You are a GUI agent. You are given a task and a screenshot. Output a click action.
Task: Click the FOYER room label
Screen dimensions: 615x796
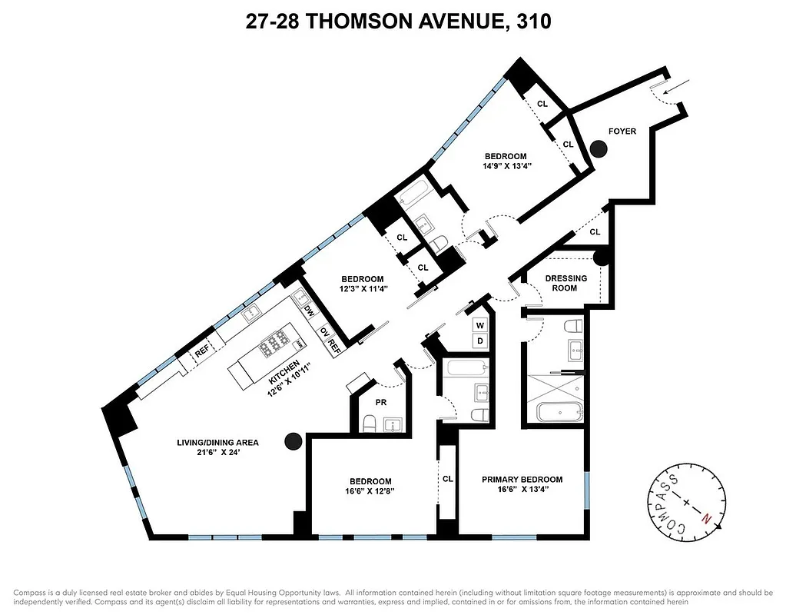[x=622, y=131]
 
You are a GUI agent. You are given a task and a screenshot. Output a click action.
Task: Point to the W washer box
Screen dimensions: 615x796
[x=479, y=324]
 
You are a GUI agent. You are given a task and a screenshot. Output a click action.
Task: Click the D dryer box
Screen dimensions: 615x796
[x=479, y=341]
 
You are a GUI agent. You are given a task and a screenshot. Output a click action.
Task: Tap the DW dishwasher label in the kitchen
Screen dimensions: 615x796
[x=309, y=311]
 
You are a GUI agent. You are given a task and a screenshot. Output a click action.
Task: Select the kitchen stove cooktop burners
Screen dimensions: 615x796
[x=275, y=347]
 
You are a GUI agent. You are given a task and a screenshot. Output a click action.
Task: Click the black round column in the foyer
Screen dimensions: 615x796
[x=598, y=148]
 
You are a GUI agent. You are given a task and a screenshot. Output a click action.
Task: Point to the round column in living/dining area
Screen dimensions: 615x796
[x=293, y=440]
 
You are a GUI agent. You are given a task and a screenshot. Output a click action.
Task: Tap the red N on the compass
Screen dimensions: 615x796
[x=706, y=518]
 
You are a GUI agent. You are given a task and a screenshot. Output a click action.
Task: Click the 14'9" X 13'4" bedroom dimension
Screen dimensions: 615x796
[x=505, y=166]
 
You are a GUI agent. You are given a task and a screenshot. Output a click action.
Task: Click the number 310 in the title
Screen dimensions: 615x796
[x=531, y=22]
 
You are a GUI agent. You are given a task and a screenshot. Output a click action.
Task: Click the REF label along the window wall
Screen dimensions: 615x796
[x=202, y=352]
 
